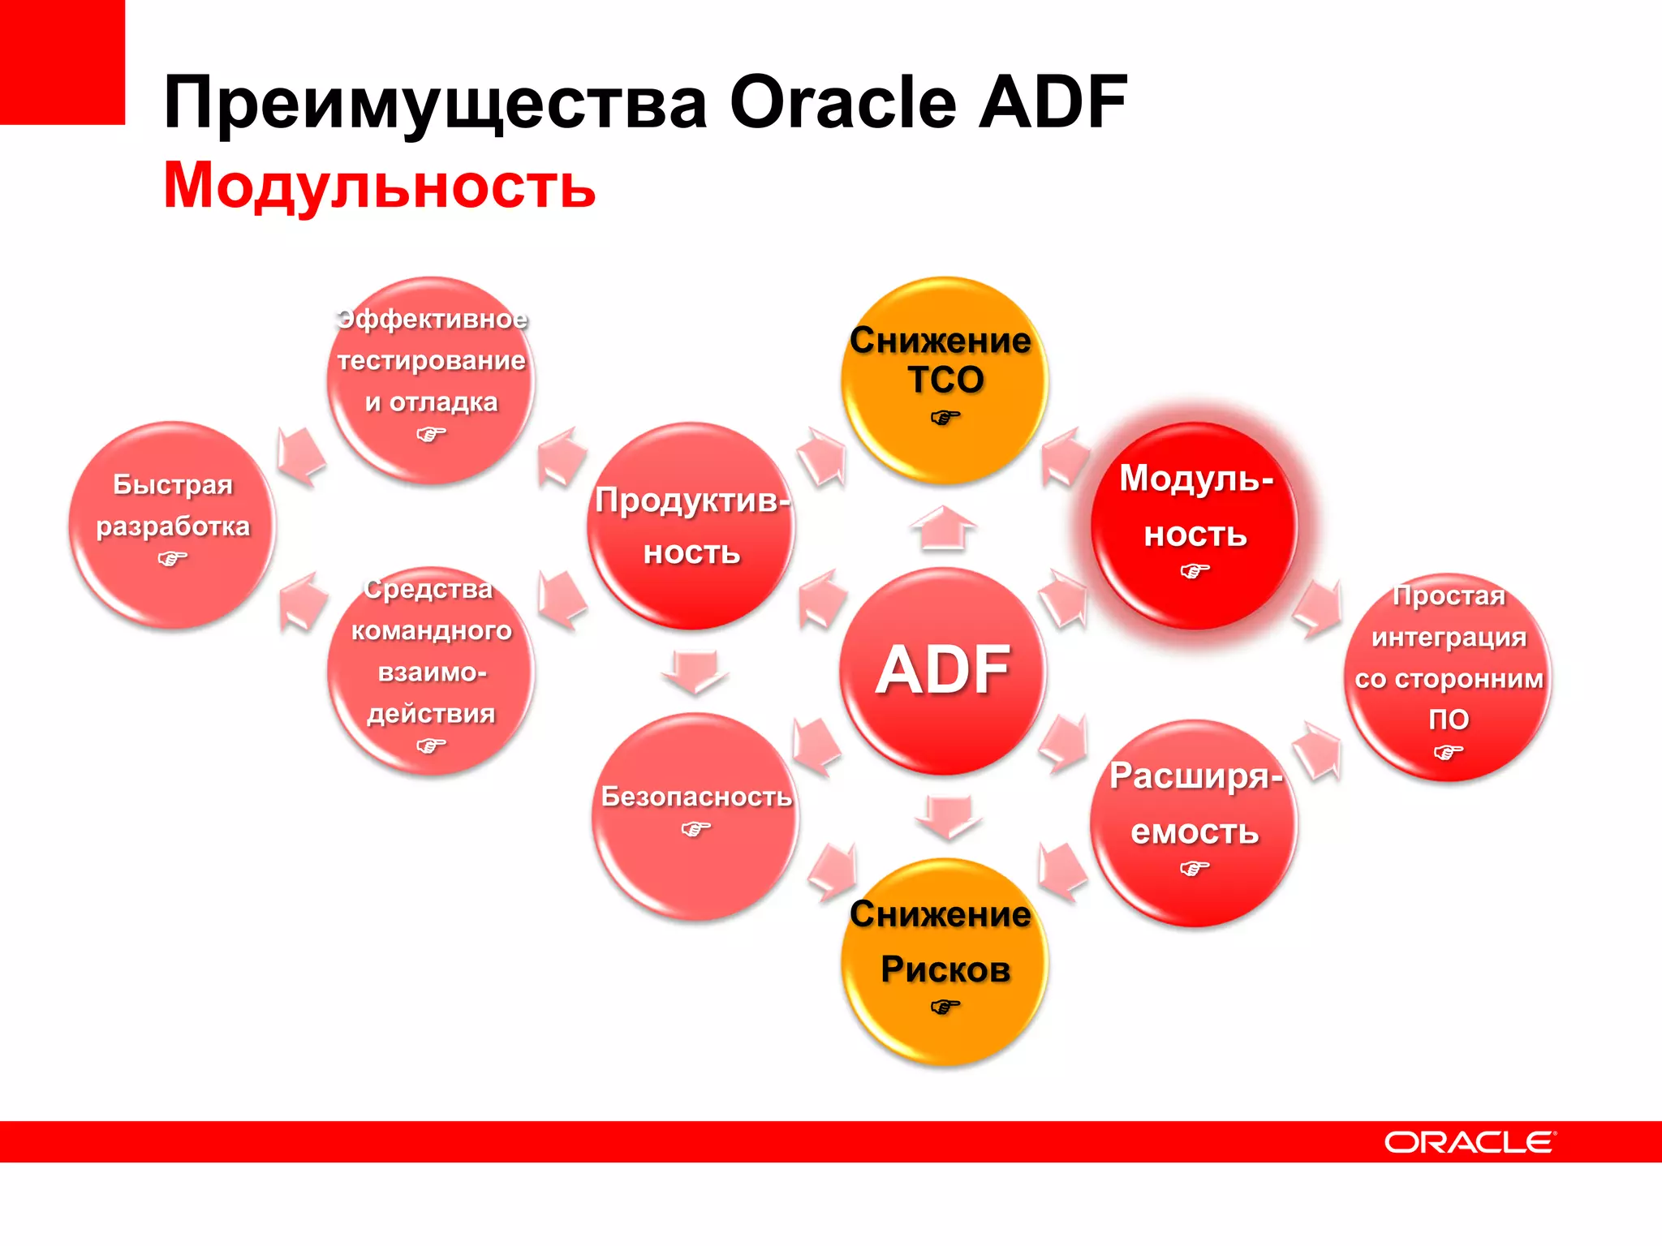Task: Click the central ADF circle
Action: (943, 671)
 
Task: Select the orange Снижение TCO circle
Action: (944, 381)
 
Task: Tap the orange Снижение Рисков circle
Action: (944, 962)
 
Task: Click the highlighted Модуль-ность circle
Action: (1195, 526)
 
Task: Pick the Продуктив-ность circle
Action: (691, 526)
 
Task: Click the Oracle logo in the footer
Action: (1470, 1142)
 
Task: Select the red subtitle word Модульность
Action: (379, 186)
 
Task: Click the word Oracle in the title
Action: (843, 102)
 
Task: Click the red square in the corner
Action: (62, 62)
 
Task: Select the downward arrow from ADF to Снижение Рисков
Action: (948, 816)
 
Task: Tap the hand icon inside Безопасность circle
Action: (695, 829)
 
